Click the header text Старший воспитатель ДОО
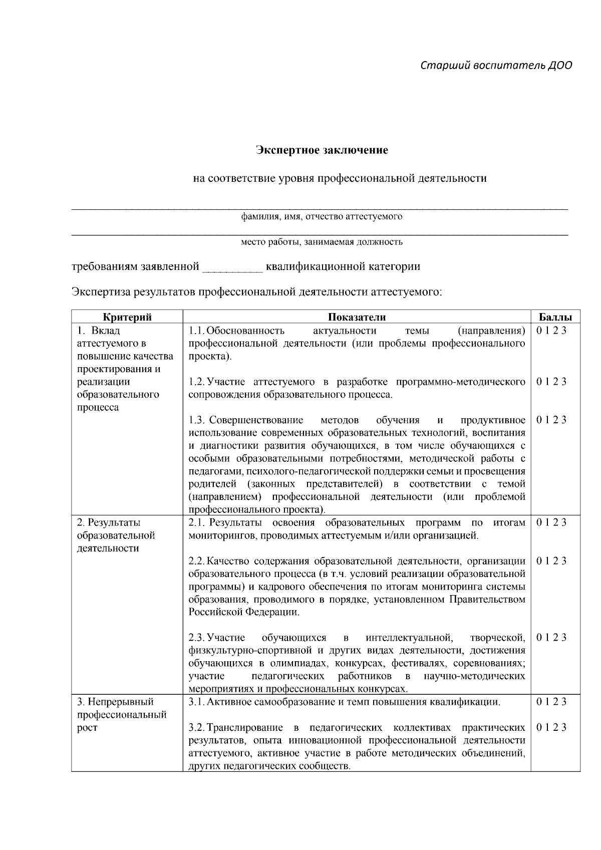(496, 66)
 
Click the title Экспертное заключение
(322, 150)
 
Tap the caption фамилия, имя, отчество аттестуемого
(322, 217)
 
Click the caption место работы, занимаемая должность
(322, 242)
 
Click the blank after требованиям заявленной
(232, 267)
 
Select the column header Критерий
(127, 317)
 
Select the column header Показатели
(357, 317)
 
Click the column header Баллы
(555, 317)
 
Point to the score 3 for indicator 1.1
(564, 331)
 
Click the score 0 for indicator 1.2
(539, 382)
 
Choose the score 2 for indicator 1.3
(556, 420)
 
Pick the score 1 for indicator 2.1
(547, 522)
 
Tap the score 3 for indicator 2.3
(564, 638)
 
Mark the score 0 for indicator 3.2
(539, 727)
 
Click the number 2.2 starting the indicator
(196, 561)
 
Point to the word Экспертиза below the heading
(100, 292)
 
